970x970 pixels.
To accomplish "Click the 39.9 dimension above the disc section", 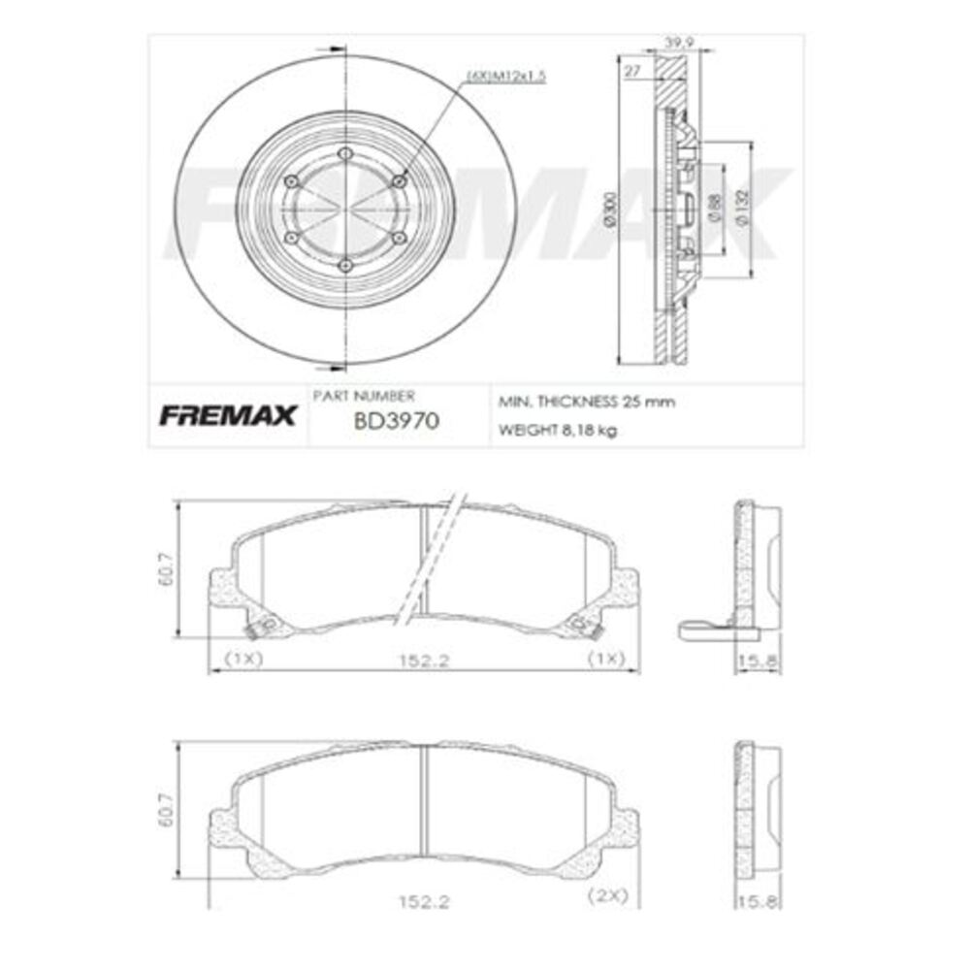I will click(677, 42).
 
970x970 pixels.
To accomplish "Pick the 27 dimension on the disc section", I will click(632, 71).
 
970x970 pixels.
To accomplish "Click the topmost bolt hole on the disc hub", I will click(345, 153).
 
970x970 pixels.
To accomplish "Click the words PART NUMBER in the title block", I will click(364, 396).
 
